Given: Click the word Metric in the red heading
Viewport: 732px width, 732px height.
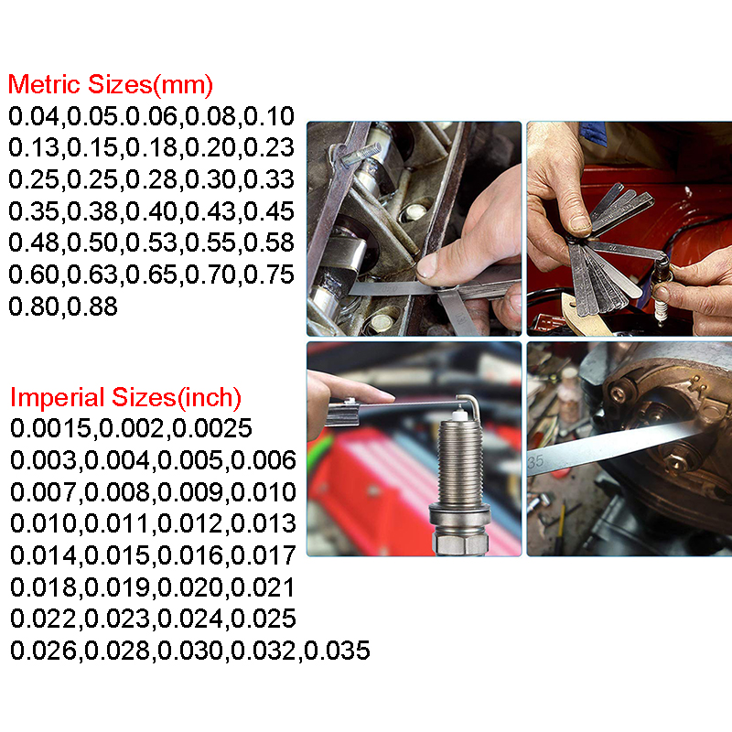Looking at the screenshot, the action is pyautogui.click(x=44, y=84).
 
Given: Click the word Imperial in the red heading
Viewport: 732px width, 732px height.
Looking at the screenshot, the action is pyautogui.click(x=57, y=397).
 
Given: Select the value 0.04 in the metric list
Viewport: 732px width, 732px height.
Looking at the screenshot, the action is pyautogui.click(x=34, y=116).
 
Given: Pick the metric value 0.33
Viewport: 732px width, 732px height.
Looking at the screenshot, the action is pyautogui.click(x=269, y=179).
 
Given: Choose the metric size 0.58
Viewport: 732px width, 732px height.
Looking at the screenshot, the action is pyautogui.click(x=269, y=242).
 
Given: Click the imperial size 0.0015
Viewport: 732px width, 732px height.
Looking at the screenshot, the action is pyautogui.click(x=51, y=428).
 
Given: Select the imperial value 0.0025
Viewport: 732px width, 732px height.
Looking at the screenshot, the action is pyautogui.click(x=212, y=428).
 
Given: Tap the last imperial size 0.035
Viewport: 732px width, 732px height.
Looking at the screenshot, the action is pyautogui.click(x=337, y=651).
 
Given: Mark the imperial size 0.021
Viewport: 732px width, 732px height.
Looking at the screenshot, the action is pyautogui.click(x=264, y=587).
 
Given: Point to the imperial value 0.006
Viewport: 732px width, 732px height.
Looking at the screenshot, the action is pyautogui.click(x=264, y=460).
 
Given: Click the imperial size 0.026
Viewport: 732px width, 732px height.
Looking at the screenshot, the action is pyautogui.click(x=43, y=651).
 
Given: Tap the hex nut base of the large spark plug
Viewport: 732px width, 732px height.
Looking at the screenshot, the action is pyautogui.click(x=460, y=543).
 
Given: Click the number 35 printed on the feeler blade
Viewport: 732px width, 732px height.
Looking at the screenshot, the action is pyautogui.click(x=535, y=462).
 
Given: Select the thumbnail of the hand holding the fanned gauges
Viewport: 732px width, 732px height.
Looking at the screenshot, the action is pyautogui.click(x=630, y=229).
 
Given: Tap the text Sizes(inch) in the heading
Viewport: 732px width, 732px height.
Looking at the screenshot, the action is pyautogui.click(x=177, y=397).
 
